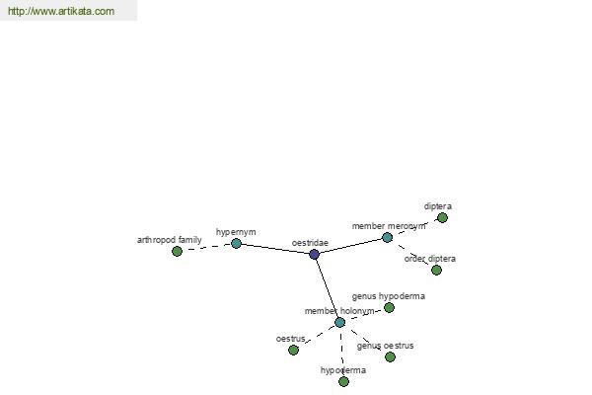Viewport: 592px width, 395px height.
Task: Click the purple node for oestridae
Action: pos(314,254)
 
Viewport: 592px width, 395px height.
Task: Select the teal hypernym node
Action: pos(236,244)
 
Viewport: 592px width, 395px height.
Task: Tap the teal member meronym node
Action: pos(387,237)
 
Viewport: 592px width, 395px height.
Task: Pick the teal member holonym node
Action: pos(339,323)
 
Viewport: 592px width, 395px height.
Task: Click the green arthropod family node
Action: pos(177,251)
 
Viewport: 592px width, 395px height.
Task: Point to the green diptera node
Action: pos(442,217)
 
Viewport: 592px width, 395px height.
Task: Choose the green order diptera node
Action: pos(436,270)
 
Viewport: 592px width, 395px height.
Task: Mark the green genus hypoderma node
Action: pos(390,308)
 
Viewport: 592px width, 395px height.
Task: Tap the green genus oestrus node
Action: pos(390,356)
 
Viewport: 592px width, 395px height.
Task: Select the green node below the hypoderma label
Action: pos(343,381)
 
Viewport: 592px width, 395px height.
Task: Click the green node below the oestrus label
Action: pos(293,350)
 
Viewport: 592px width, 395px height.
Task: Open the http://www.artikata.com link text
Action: pos(61,11)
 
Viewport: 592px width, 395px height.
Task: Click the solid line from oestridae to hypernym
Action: pos(275,249)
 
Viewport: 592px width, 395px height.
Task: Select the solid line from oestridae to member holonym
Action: pos(327,288)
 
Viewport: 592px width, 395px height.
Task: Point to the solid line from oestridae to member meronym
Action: pos(350,246)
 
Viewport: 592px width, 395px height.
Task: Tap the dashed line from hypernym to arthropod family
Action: pos(206,247)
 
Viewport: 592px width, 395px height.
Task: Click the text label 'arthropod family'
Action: pos(170,240)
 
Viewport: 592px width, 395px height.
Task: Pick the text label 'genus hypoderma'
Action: pos(389,296)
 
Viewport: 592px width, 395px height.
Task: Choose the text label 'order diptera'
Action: pos(430,259)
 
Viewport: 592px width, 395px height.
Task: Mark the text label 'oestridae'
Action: pos(310,243)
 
